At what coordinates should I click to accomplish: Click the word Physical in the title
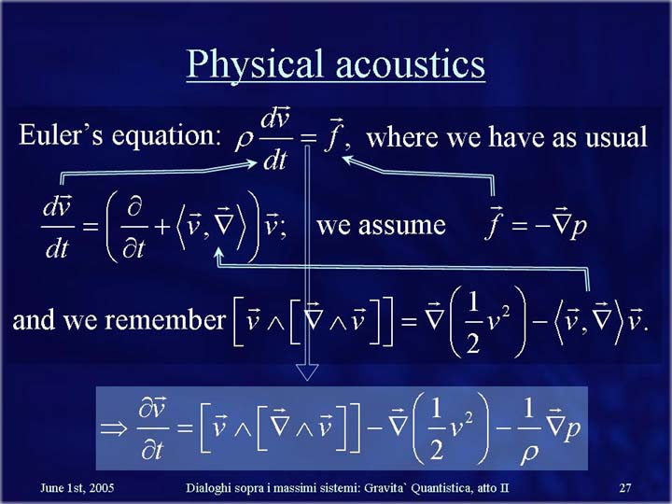click(254, 64)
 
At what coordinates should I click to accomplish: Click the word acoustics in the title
click(410, 64)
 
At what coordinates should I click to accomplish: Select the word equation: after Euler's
click(166, 137)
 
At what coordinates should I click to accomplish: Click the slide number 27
click(625, 488)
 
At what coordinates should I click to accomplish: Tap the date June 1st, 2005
click(77, 488)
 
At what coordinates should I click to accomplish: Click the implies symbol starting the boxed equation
click(114, 428)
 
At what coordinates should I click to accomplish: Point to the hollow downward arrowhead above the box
click(307, 371)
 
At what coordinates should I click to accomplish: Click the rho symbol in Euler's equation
click(245, 141)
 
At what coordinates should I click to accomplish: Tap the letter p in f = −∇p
click(579, 226)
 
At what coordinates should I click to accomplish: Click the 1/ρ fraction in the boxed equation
click(529, 430)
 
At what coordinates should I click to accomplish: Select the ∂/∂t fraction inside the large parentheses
click(133, 226)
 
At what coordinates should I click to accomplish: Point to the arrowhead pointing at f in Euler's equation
click(348, 161)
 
